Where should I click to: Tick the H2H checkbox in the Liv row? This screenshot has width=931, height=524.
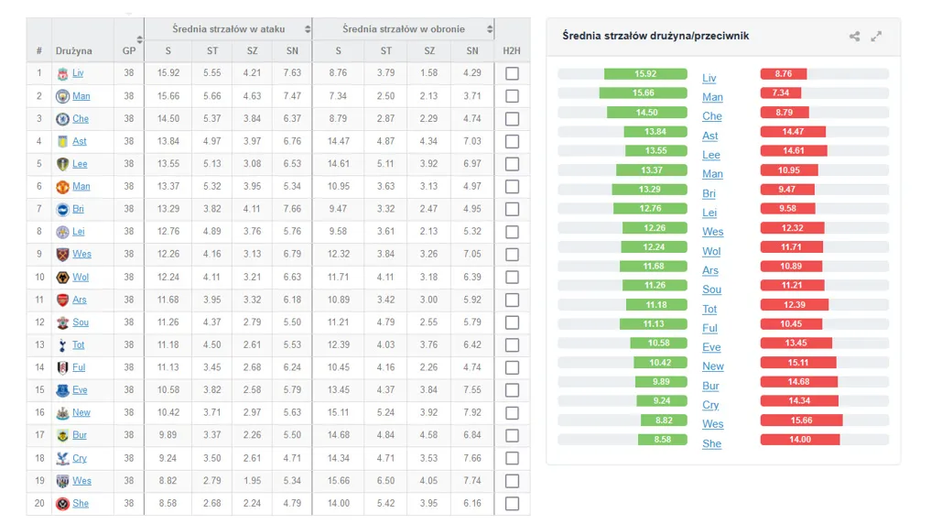point(512,73)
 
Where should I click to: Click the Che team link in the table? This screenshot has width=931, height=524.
point(81,119)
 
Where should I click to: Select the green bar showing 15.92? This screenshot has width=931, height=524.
point(645,74)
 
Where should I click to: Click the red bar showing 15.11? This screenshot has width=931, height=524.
point(797,363)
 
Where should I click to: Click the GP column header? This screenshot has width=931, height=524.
point(129,51)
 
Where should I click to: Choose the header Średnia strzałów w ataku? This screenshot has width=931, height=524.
point(228,29)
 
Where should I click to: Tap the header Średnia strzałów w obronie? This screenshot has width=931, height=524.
point(403,29)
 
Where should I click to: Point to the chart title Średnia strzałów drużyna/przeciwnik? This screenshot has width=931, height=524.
point(655,36)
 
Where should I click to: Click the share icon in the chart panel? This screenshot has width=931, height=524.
point(854,37)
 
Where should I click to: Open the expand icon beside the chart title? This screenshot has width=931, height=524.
point(876,37)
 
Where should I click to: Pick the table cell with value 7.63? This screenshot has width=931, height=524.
point(292,73)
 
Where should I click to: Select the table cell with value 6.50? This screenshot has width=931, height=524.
point(386,481)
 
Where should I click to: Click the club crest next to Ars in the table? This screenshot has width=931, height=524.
point(62,300)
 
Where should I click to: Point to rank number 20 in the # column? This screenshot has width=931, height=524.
point(39,503)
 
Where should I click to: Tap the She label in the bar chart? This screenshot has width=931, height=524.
point(711,443)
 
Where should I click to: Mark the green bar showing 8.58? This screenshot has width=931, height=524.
point(662,440)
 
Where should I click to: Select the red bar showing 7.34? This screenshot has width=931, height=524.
point(780,93)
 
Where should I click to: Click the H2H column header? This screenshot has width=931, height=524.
point(512,51)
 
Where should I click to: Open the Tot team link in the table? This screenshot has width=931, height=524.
point(79,345)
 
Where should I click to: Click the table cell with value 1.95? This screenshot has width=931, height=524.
point(252,481)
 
